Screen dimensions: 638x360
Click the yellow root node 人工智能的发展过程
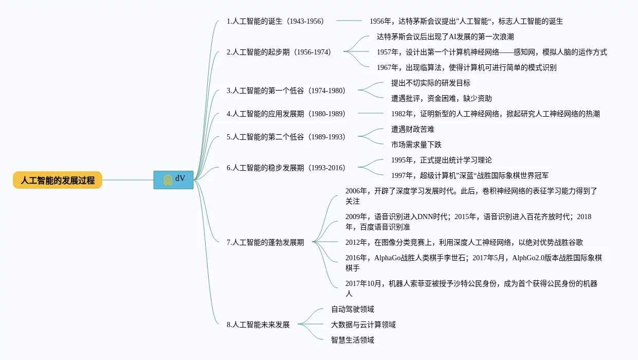click(x=58, y=181)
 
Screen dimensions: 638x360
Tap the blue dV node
click(x=173, y=180)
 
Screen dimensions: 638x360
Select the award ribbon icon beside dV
click(x=168, y=179)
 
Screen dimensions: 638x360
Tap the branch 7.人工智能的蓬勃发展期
click(x=265, y=242)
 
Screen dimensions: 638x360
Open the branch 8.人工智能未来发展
click(x=258, y=325)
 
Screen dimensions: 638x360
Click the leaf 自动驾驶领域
click(x=353, y=309)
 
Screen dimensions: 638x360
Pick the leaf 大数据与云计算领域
click(x=363, y=325)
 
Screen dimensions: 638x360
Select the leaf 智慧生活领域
click(x=353, y=340)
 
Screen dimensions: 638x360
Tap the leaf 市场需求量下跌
click(x=416, y=145)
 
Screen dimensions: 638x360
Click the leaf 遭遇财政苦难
click(x=413, y=129)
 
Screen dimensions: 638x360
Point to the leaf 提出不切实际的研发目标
click(x=431, y=83)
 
